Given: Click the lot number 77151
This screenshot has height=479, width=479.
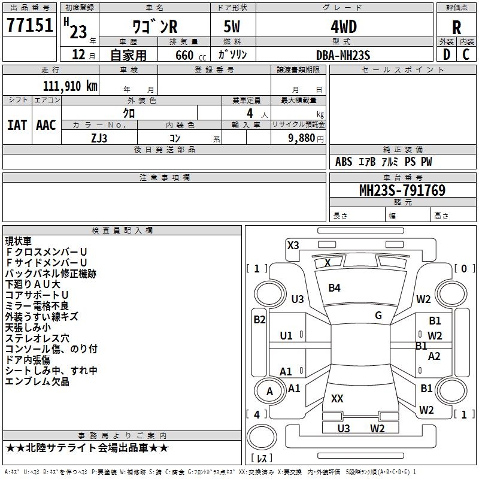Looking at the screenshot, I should [x=29, y=26].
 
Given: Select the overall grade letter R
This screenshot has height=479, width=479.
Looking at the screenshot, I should [x=456, y=28].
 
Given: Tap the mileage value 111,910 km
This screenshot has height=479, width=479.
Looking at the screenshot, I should [x=69, y=86].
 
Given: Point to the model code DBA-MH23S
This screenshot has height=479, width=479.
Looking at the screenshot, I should [x=343, y=55].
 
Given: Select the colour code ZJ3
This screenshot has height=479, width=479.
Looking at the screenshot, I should [x=99, y=137].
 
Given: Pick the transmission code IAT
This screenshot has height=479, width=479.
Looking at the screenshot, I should [x=17, y=125].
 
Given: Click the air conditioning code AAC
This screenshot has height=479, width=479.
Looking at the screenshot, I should [x=46, y=125].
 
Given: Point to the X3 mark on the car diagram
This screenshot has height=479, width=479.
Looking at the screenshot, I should [x=293, y=245].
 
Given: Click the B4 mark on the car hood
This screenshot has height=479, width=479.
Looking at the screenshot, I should [x=334, y=288].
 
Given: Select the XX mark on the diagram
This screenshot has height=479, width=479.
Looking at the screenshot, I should [x=337, y=398].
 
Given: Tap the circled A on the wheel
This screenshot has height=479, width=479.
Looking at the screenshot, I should [x=269, y=392].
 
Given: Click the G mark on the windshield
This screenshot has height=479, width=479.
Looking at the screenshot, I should [x=378, y=316].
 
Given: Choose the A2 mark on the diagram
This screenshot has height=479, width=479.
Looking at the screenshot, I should [x=434, y=356].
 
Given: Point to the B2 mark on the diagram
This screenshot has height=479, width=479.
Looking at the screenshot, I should [x=259, y=320].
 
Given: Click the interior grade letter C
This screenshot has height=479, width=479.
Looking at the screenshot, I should [x=466, y=54].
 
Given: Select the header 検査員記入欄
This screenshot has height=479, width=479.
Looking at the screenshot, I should [x=122, y=230].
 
